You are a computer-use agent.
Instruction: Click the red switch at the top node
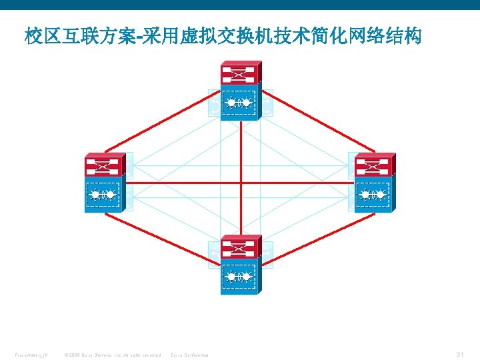pyautogui.click(x=241, y=73)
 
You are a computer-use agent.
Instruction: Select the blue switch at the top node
pyautogui.click(x=240, y=103)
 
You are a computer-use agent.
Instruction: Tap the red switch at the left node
pyautogui.click(x=104, y=165)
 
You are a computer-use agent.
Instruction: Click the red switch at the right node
pyautogui.click(x=374, y=165)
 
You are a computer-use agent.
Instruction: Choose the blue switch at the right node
pyautogui.click(x=374, y=195)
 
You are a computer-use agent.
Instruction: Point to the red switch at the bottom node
pyautogui.click(x=241, y=247)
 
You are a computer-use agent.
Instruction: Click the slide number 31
pyautogui.click(x=459, y=353)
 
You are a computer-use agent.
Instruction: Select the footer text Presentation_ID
pyautogui.click(x=31, y=355)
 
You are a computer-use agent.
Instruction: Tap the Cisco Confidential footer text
pyautogui.click(x=190, y=355)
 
